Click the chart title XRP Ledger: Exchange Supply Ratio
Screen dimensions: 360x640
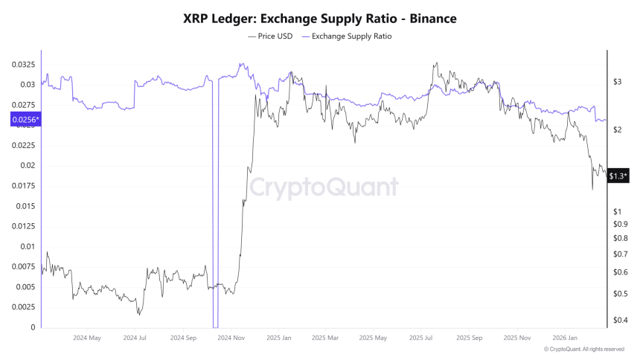pyautogui.click(x=320, y=19)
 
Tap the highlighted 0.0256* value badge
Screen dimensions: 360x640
pyautogui.click(x=26, y=119)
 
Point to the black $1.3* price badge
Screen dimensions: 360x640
pyautogui.click(x=618, y=176)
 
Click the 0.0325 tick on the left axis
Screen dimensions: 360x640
pyautogui.click(x=23, y=65)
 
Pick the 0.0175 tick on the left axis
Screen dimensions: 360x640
pyautogui.click(x=23, y=206)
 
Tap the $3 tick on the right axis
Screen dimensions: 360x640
pyautogui.click(x=617, y=83)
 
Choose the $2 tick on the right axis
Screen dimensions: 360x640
pyautogui.click(x=617, y=130)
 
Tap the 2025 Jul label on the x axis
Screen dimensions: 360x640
pyautogui.click(x=421, y=338)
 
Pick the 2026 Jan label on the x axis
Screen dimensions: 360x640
pyautogui.click(x=563, y=338)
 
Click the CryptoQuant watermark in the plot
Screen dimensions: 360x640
pyautogui.click(x=323, y=187)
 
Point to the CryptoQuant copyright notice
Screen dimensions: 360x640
pyautogui.click(x=584, y=349)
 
